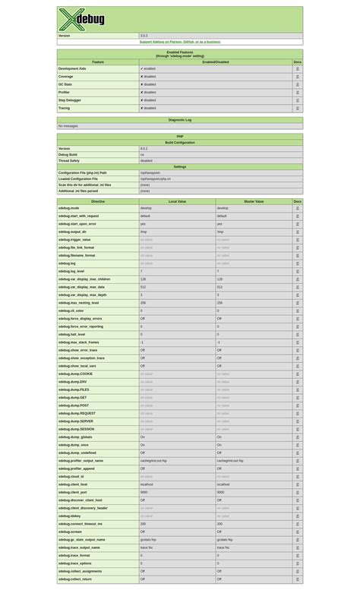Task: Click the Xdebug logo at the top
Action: click(82, 19)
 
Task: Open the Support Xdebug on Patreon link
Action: click(179, 42)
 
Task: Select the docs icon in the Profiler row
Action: click(297, 93)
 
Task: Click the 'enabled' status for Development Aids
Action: click(147, 68)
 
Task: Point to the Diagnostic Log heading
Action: click(179, 120)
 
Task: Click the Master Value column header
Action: click(254, 202)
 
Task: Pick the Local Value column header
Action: click(177, 202)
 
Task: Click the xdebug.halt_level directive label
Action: click(71, 334)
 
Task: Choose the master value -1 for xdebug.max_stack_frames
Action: click(219, 342)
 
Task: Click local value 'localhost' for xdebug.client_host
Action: click(147, 484)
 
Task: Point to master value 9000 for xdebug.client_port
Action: click(220, 492)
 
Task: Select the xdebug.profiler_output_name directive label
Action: click(81, 461)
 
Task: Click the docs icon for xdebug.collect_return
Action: click(297, 579)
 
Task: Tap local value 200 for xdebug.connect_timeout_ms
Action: click(143, 524)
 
